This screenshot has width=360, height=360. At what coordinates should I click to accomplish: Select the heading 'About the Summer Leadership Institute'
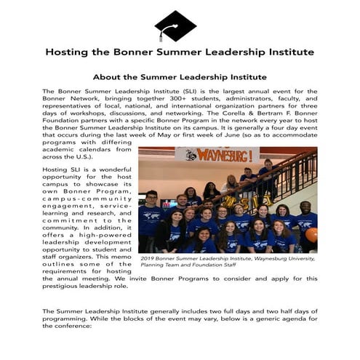point(180,77)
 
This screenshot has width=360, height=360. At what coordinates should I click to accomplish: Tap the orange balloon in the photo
point(311,234)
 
